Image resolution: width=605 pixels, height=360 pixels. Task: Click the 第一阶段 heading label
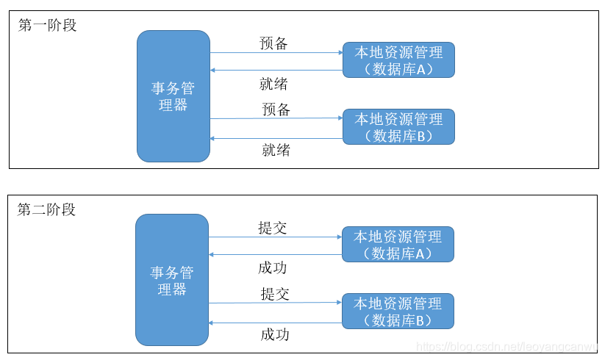tap(47, 25)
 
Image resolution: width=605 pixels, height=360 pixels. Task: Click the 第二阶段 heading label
tap(46, 209)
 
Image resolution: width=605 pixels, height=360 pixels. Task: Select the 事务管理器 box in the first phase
tap(173, 96)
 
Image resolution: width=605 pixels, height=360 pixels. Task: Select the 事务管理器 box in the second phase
tap(172, 281)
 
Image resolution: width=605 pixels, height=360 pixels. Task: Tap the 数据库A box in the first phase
tap(398, 60)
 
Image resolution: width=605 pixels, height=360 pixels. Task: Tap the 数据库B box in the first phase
tap(398, 126)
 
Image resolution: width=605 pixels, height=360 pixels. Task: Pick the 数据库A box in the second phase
tap(398, 245)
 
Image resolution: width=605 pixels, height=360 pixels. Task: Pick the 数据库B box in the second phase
tap(398, 311)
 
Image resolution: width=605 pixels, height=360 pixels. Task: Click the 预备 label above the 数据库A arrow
tap(273, 43)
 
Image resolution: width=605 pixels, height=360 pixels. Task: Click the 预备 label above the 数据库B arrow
tap(276, 109)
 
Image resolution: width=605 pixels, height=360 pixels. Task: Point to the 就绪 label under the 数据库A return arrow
tap(273, 84)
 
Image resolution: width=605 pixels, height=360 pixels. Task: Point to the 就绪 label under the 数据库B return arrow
tap(276, 150)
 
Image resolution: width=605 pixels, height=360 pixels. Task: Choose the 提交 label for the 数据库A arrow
tap(273, 228)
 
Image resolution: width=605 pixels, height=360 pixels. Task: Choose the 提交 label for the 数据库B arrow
tap(275, 294)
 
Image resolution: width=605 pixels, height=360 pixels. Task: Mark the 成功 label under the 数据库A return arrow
tap(273, 267)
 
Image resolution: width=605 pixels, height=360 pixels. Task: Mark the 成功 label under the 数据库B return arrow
tap(275, 334)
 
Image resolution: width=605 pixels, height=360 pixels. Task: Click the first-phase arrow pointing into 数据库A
tap(276, 52)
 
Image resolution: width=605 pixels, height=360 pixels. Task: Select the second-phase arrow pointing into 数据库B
tap(275, 303)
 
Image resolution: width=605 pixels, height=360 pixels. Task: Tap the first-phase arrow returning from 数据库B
tap(276, 138)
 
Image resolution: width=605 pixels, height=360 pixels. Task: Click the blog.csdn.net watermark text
tap(508, 346)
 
